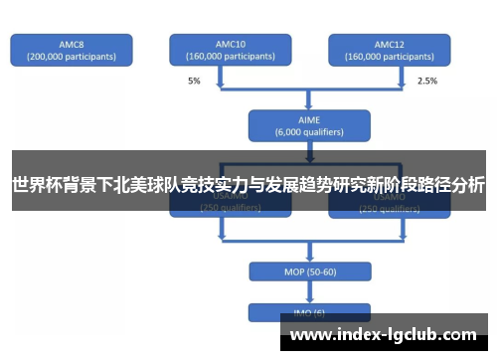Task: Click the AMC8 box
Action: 71,50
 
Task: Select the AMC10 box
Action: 230,50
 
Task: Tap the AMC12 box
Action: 389,50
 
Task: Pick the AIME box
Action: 309,124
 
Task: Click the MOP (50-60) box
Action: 309,271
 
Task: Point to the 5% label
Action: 194,81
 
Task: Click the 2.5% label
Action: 426,81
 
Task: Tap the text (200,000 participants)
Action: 71,57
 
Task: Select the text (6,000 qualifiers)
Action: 309,131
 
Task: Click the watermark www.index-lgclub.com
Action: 382,334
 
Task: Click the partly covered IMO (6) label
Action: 309,312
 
